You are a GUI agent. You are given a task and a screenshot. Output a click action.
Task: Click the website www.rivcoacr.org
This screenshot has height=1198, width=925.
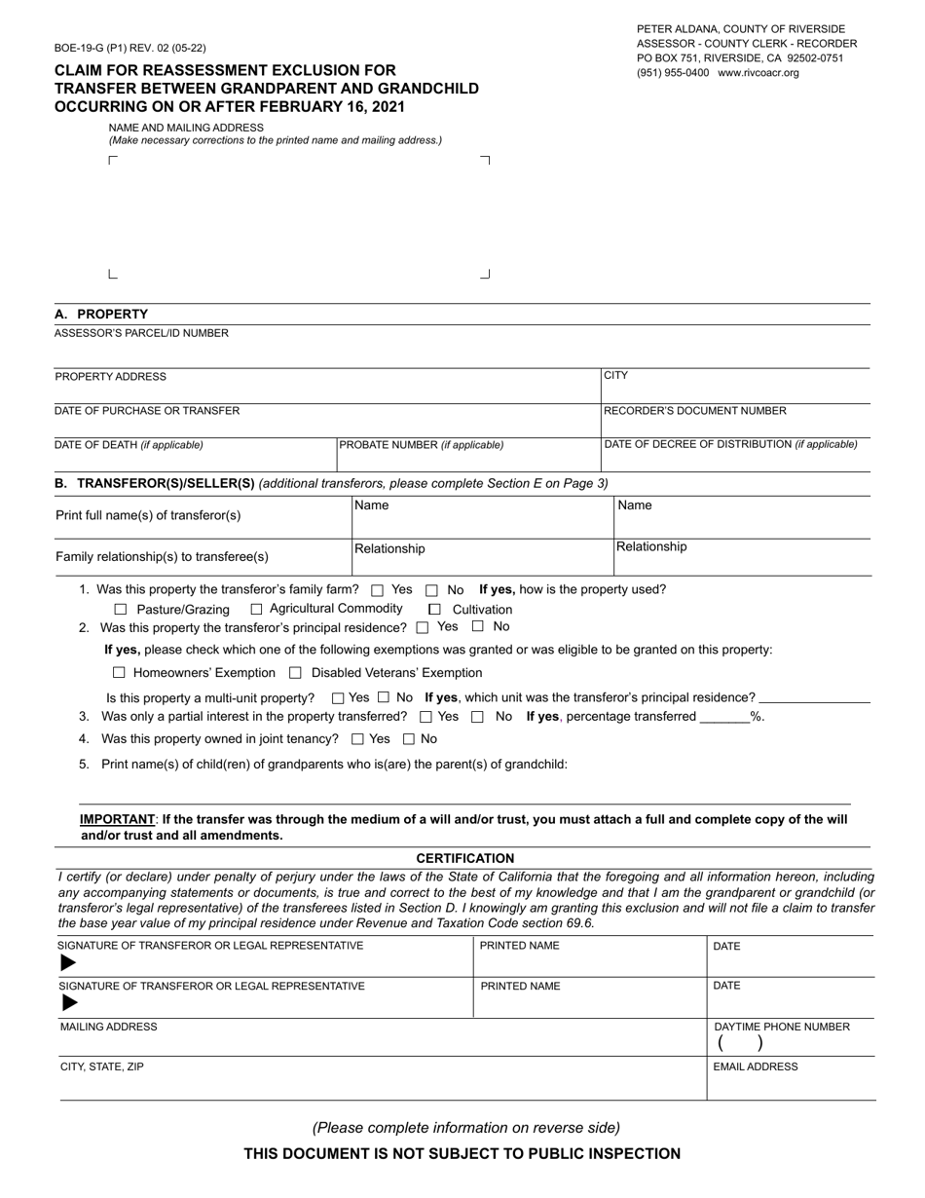758,73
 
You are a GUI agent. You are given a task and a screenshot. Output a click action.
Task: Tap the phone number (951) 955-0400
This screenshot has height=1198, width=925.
673,73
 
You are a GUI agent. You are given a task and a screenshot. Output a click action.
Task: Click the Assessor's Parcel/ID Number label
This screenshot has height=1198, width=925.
141,333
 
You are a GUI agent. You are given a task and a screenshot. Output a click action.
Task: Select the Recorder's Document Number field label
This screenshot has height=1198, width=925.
695,411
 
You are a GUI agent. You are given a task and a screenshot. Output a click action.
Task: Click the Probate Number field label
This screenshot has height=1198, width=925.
421,445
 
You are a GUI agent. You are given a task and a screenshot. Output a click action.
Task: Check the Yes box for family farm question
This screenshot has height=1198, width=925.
378,590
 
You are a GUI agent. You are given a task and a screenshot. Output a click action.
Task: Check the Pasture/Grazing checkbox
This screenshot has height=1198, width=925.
121,610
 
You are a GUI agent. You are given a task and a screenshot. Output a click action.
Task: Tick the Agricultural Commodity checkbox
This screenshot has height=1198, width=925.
257,609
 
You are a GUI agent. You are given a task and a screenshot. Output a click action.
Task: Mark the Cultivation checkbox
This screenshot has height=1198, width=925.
435,610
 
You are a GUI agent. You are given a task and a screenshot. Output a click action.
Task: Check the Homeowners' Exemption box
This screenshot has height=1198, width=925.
120,673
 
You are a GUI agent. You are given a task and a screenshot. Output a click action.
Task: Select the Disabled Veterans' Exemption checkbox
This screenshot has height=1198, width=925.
296,673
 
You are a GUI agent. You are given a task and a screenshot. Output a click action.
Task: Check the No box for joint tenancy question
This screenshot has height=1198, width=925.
409,739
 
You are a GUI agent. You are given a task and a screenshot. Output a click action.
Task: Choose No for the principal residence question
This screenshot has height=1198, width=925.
478,627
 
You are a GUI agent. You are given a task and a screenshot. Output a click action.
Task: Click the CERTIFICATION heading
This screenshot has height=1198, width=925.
465,858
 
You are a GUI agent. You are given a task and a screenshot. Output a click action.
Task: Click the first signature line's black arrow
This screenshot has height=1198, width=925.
68,963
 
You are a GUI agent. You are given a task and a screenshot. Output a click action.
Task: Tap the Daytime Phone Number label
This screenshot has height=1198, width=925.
782,1027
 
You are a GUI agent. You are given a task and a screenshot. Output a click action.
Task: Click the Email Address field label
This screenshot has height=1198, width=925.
756,1067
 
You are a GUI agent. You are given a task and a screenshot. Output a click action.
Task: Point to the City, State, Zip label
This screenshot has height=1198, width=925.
102,1067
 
